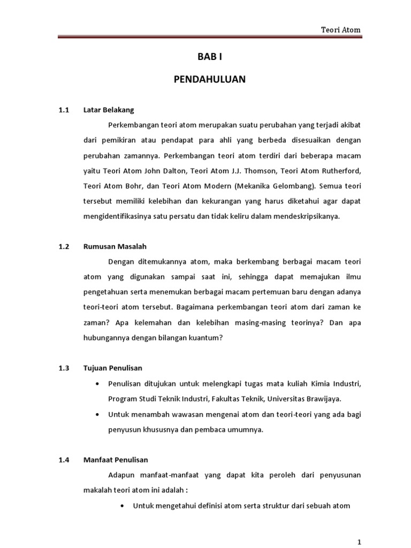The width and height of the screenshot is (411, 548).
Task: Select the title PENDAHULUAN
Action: [x=209, y=80]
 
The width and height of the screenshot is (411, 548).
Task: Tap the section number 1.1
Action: [x=64, y=110]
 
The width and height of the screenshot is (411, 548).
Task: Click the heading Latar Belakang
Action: [x=109, y=110]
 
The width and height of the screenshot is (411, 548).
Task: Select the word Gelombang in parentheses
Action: [x=292, y=188]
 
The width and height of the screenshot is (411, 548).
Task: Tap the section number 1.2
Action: [x=64, y=247]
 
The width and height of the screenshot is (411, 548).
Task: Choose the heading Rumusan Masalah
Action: [x=115, y=247]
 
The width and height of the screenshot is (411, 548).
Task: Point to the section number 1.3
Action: [x=64, y=368]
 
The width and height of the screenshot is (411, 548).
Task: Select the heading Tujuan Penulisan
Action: [x=112, y=368]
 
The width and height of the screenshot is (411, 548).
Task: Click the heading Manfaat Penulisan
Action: [x=116, y=460]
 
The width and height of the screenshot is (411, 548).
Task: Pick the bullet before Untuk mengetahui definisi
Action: [x=124, y=505]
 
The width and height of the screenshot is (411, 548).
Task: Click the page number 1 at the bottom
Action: [x=360, y=541]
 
